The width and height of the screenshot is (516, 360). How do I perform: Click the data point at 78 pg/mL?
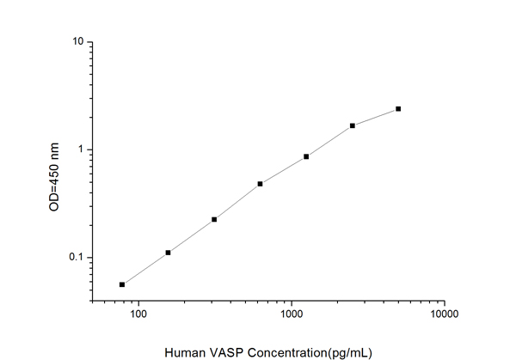click(x=122, y=284)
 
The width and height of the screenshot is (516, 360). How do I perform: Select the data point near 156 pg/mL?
click(x=169, y=253)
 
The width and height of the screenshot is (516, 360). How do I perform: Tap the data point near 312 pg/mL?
click(x=214, y=219)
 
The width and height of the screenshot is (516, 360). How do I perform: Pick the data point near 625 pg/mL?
click(x=260, y=184)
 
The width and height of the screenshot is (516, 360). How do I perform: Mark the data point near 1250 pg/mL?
click(x=306, y=156)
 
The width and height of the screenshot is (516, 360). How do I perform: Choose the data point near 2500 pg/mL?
click(x=353, y=125)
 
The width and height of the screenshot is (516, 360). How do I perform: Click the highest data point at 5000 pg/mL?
click(x=398, y=109)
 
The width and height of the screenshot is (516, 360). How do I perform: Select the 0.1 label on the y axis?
click(x=76, y=258)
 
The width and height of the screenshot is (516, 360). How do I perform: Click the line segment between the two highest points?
click(x=376, y=117)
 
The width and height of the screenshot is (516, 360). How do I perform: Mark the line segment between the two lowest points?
click(x=145, y=269)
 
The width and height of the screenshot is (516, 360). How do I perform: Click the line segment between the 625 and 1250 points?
click(x=283, y=170)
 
